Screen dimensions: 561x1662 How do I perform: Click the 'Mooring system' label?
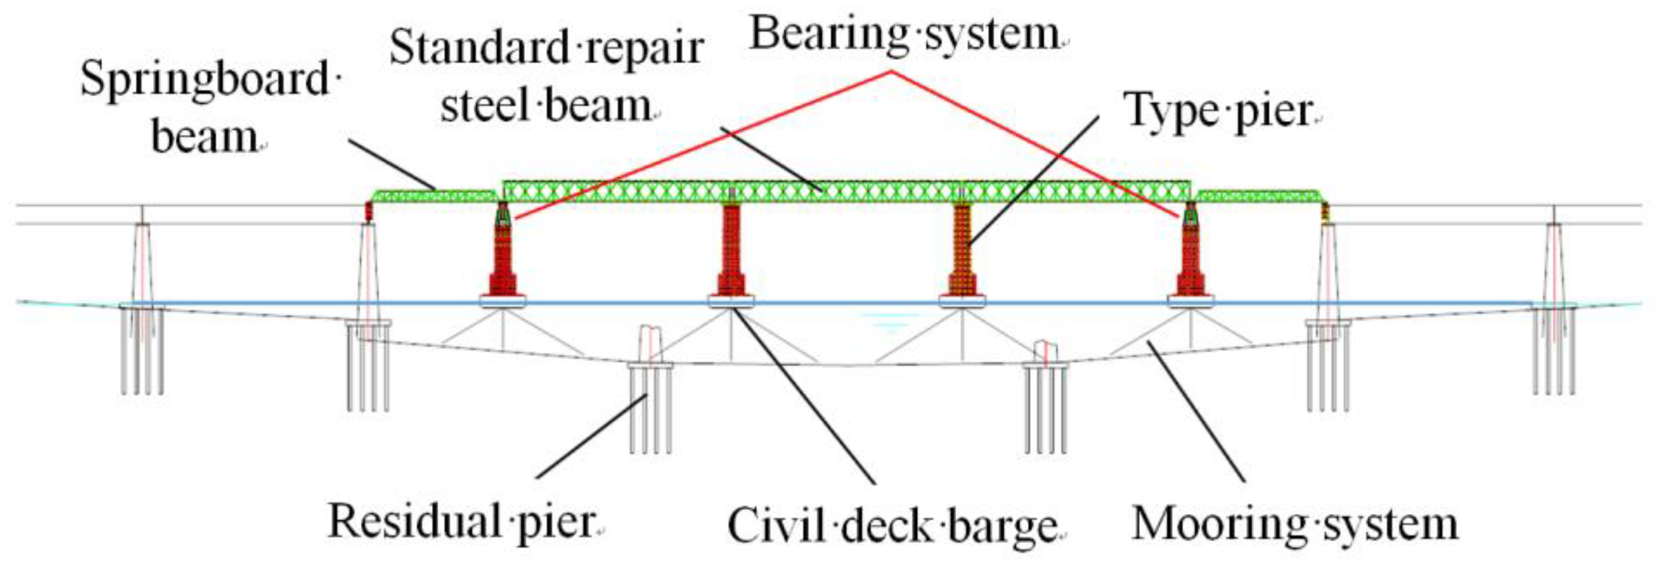tap(1294, 524)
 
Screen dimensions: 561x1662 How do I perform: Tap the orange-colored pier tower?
tap(962, 251)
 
